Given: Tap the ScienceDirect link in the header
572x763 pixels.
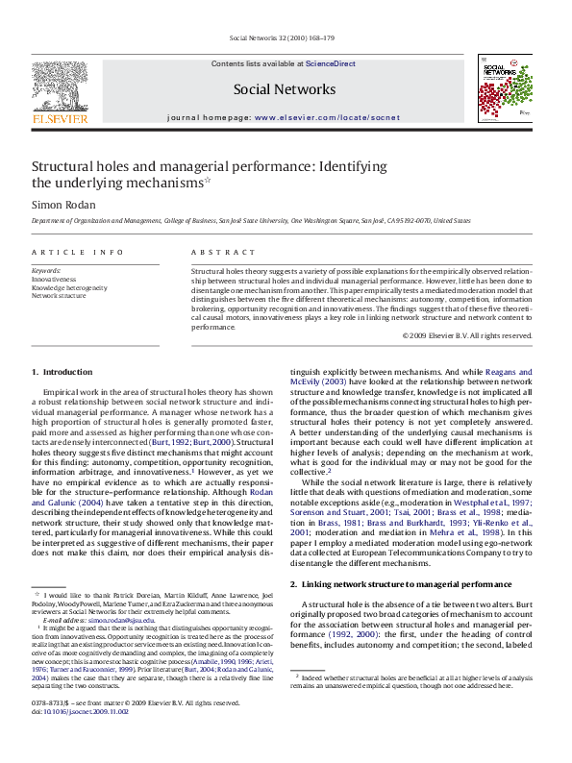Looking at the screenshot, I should click(330, 63).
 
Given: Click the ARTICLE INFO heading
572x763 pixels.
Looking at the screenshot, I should click(78, 252).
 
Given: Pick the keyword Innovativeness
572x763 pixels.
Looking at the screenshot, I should click(54, 279).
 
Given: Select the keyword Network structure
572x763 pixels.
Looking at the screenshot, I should click(59, 296).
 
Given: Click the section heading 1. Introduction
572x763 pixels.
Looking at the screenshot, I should click(62, 371).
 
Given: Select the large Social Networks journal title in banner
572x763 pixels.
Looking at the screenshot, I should click(285, 89).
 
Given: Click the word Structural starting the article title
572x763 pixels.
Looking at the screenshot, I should click(62, 165).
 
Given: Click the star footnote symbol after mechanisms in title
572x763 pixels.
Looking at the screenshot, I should click(207, 179).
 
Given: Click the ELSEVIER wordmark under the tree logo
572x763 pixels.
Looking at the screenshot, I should click(60, 119).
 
